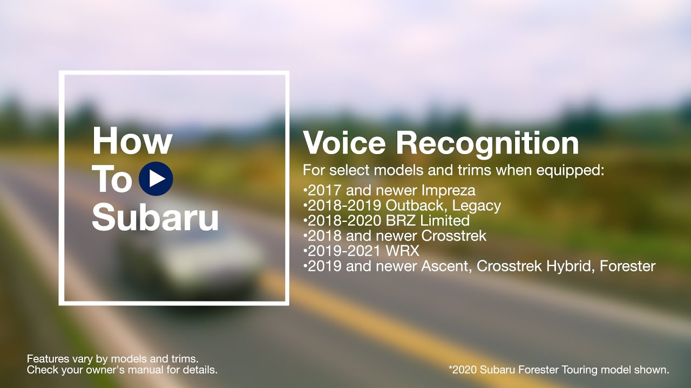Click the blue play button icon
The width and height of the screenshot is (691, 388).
156,178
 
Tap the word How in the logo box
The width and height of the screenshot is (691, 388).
132,141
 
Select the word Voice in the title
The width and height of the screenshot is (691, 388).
344,143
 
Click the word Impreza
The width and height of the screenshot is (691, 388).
448,191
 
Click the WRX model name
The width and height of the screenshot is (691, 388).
403,251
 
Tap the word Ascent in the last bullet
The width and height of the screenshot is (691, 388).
446,266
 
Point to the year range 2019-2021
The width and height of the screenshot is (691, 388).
344,251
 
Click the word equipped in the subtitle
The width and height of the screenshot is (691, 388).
570,171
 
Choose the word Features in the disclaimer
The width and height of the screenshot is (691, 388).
48,359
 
